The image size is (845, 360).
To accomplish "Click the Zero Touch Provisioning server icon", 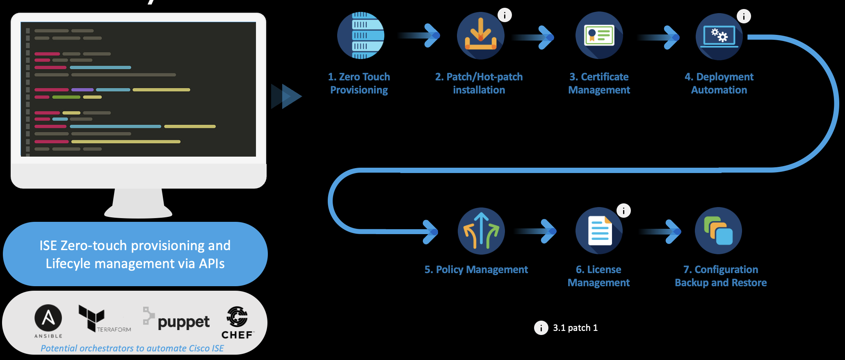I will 361,36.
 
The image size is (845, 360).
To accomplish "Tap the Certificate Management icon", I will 599,36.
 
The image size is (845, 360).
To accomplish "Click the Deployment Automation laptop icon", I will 719,36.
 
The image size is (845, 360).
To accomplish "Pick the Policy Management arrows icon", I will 481,231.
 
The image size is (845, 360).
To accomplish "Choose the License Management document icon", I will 599,231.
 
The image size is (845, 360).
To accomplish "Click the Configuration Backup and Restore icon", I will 718,231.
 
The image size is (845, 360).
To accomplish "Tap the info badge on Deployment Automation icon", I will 744,16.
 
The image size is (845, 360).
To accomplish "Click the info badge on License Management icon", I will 623,211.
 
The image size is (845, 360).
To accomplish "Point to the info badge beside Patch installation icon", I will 505,15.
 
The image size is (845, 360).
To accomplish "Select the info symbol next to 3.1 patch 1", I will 541,328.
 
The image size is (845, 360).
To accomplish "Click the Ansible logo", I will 48,318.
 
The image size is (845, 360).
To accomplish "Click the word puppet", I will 183,322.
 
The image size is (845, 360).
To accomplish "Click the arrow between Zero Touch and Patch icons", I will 420,36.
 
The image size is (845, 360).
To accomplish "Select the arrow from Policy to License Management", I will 537,231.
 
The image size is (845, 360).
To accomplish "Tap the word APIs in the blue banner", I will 211,264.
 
